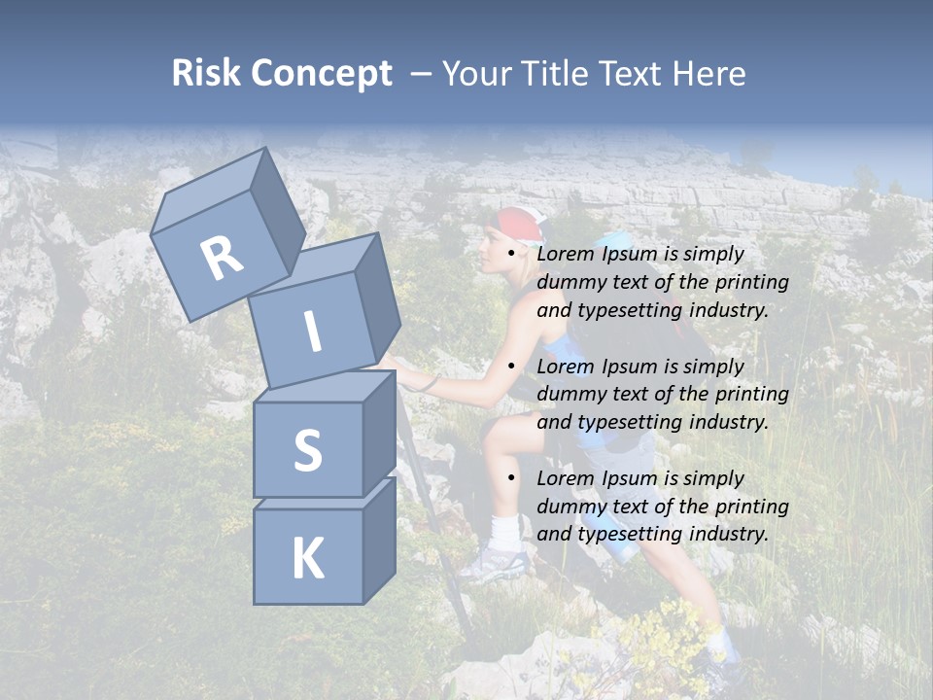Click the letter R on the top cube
(x=222, y=259)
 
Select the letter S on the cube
(x=307, y=450)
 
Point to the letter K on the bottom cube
(x=307, y=559)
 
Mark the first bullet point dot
(x=512, y=255)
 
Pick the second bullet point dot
(x=512, y=367)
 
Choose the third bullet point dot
(x=512, y=479)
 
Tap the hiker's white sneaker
(x=495, y=563)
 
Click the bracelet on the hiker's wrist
(x=429, y=384)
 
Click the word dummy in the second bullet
(x=568, y=395)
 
